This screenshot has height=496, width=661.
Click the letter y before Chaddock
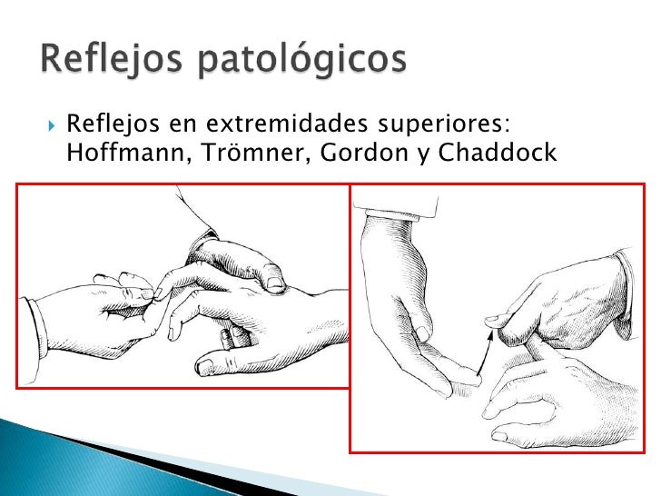422,155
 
